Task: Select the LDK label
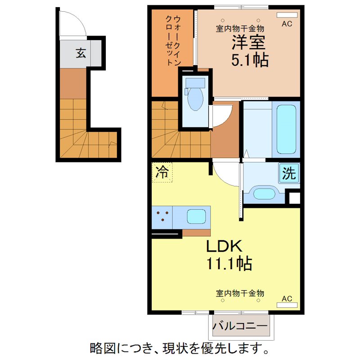coord(225,246)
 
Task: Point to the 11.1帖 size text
coord(229,263)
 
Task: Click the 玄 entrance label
coord(81,54)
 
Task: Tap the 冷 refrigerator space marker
coord(162,172)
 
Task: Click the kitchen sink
coord(197,216)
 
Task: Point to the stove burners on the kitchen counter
coord(163,216)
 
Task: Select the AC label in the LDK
coord(287,298)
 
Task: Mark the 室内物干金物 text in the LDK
coord(240,293)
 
